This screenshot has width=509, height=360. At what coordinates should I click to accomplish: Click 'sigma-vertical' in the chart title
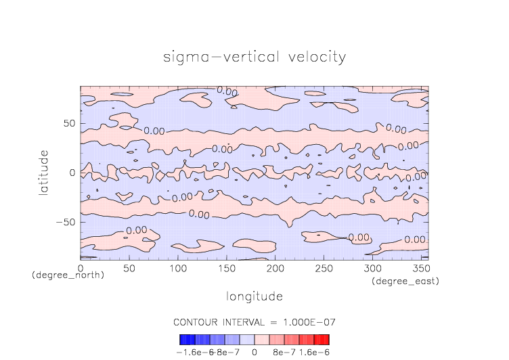click(216, 57)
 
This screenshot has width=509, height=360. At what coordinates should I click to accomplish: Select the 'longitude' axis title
click(254, 296)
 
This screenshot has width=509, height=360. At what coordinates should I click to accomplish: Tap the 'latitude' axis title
click(44, 173)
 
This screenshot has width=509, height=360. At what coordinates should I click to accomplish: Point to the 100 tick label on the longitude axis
click(177, 269)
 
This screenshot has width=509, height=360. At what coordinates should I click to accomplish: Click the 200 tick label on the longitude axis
click(275, 269)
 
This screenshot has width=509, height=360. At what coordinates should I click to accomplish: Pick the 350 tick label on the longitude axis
click(420, 269)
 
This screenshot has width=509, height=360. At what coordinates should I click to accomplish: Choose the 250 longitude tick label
click(323, 269)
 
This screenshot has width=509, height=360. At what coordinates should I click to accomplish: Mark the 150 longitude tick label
click(226, 269)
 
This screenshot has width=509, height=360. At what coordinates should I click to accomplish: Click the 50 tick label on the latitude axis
click(69, 123)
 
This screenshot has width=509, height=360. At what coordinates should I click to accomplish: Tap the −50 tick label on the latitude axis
click(66, 222)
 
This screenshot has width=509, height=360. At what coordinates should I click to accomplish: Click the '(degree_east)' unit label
click(406, 281)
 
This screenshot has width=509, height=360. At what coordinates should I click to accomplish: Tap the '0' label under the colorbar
click(254, 353)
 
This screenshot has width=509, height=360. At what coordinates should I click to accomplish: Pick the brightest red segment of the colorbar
click(326, 339)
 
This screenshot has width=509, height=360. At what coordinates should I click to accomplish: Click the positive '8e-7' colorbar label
click(282, 353)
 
